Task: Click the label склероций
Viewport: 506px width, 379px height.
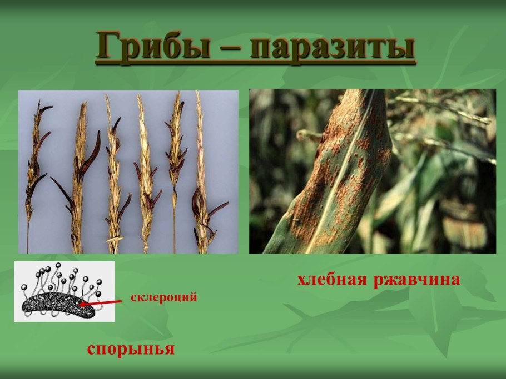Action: point(164,297)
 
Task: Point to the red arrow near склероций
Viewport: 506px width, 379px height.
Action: point(102,301)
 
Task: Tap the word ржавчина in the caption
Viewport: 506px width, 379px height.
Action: point(416,280)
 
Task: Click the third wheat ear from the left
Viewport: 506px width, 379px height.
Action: point(114,172)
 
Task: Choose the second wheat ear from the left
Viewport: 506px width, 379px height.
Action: point(78,172)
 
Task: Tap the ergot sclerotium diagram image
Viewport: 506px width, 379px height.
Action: point(64,292)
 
